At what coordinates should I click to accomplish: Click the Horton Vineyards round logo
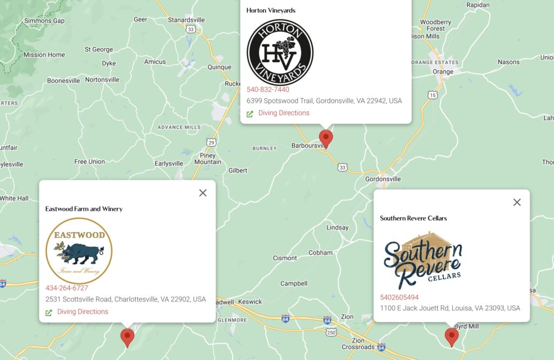pyautogui.click(x=280, y=53)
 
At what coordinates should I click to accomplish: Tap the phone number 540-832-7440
pyautogui.click(x=268, y=90)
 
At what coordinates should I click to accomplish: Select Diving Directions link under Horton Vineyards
pyautogui.click(x=283, y=113)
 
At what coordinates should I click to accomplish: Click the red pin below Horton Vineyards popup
pyautogui.click(x=325, y=138)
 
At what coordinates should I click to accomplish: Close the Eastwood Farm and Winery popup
pyautogui.click(x=203, y=193)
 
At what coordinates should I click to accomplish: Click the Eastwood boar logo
pyautogui.click(x=79, y=251)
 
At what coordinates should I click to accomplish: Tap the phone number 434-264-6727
pyautogui.click(x=67, y=288)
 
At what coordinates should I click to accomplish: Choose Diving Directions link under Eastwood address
pyautogui.click(x=82, y=312)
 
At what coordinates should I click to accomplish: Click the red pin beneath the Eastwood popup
pyautogui.click(x=127, y=337)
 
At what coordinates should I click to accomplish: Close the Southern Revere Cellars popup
pyautogui.click(x=517, y=202)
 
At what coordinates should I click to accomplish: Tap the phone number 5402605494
pyautogui.click(x=399, y=297)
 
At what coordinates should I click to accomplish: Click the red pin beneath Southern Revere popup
pyautogui.click(x=451, y=336)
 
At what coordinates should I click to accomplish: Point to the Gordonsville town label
pyautogui.click(x=383, y=179)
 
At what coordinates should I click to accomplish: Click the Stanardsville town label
pyautogui.click(x=187, y=20)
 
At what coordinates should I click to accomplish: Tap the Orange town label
pyautogui.click(x=443, y=72)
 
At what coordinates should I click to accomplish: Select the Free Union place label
pyautogui.click(x=90, y=162)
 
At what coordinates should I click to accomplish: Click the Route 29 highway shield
pyautogui.click(x=212, y=142)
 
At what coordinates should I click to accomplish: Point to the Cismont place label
pyautogui.click(x=285, y=258)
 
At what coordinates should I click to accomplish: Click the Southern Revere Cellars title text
pyautogui.click(x=413, y=218)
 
